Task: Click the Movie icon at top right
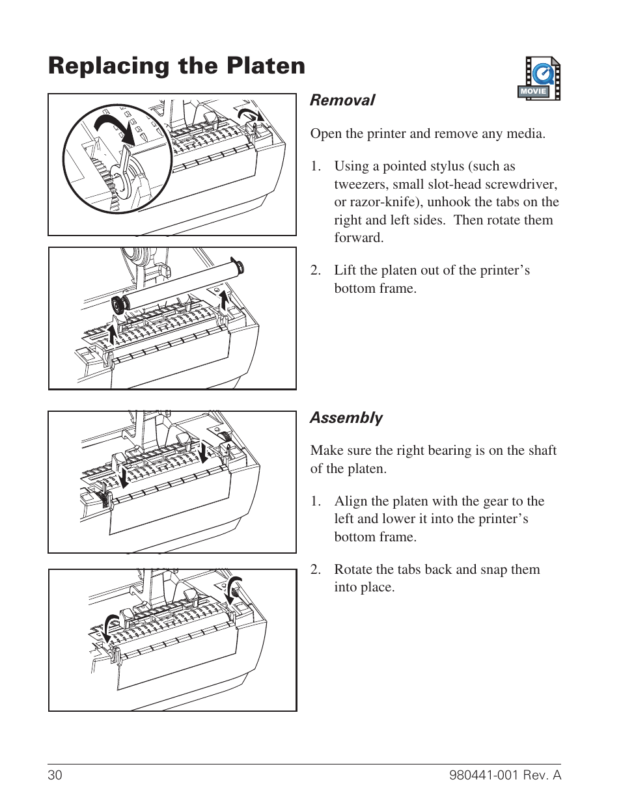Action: (539, 79)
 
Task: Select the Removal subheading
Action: (342, 100)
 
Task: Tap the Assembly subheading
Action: (346, 418)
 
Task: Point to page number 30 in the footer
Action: (55, 775)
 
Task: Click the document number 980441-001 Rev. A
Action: (504, 775)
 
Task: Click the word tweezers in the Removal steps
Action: (360, 184)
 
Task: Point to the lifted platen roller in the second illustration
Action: (176, 284)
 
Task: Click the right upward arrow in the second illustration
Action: (225, 301)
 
